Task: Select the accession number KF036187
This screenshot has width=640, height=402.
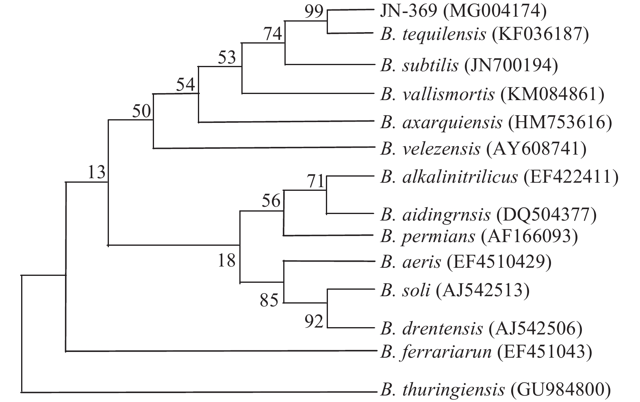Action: [x=540, y=35]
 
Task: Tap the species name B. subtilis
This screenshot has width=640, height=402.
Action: [x=419, y=65]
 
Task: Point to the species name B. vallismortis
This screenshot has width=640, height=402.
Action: [x=437, y=94]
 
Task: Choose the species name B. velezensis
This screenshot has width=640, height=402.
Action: [x=430, y=149]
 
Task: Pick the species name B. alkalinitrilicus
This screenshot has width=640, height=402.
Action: [x=449, y=177]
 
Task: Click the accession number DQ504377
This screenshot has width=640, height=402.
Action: [x=546, y=215]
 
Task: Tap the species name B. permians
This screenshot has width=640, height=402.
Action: [x=427, y=236]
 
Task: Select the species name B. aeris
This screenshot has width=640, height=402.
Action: [x=410, y=262]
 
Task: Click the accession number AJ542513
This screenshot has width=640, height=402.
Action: [x=483, y=291]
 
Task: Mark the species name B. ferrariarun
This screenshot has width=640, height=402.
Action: [x=436, y=352]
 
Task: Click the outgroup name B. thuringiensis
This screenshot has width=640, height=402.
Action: [x=442, y=390]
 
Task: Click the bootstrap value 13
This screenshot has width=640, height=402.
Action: [x=97, y=173]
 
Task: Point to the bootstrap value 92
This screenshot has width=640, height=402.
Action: [x=314, y=322]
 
